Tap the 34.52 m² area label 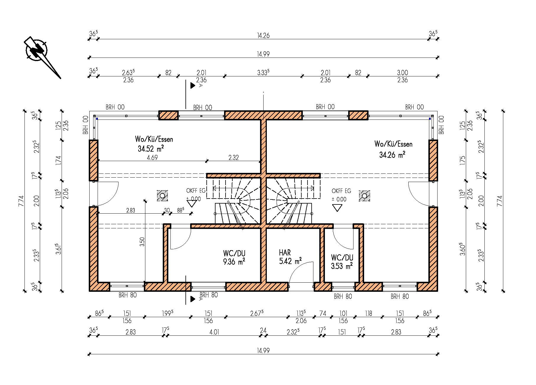151,148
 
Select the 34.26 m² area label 392,154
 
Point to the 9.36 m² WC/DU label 234,261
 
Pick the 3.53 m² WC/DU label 342,266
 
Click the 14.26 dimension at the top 263,35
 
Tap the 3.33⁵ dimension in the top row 263,73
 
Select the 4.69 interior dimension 152,158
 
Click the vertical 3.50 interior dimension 142,242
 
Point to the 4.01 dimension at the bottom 214,332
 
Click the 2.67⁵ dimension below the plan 257,313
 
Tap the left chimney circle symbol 162,195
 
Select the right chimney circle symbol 365,196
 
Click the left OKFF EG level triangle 192,203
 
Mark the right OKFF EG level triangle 337,208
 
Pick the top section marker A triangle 193,86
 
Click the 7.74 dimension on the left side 21,201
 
